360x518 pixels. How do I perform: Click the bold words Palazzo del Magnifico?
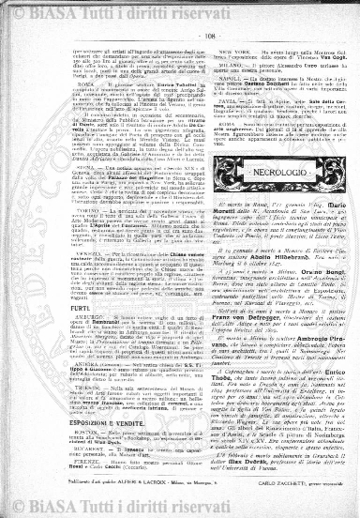(149, 176)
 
